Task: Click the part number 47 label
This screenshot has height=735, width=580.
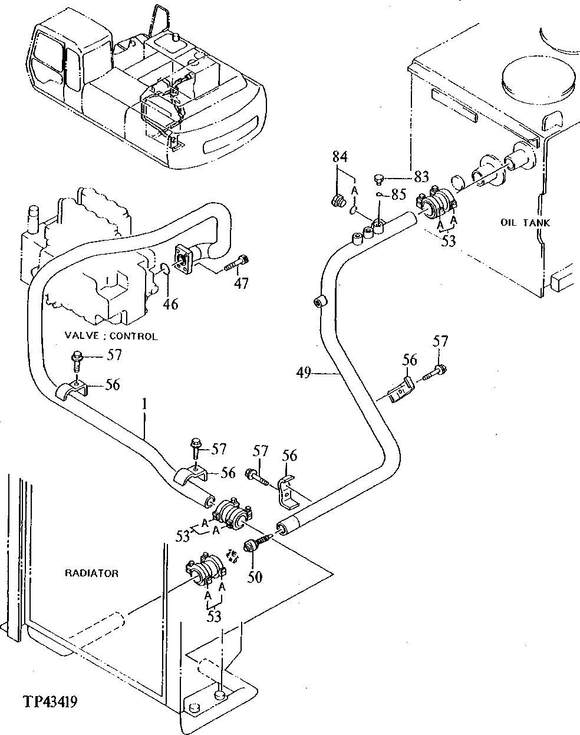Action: (240, 284)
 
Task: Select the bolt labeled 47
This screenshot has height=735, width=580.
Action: (237, 263)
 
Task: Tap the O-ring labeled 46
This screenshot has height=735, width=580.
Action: (166, 270)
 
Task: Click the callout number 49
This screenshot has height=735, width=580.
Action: (305, 372)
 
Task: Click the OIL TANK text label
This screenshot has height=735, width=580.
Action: (525, 223)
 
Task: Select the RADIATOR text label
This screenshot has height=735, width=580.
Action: (91, 573)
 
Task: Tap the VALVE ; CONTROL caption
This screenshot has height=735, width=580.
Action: (111, 337)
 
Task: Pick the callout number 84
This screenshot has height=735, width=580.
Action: (340, 157)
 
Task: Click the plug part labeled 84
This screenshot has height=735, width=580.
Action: (338, 202)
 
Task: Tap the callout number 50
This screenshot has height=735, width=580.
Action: (254, 576)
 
